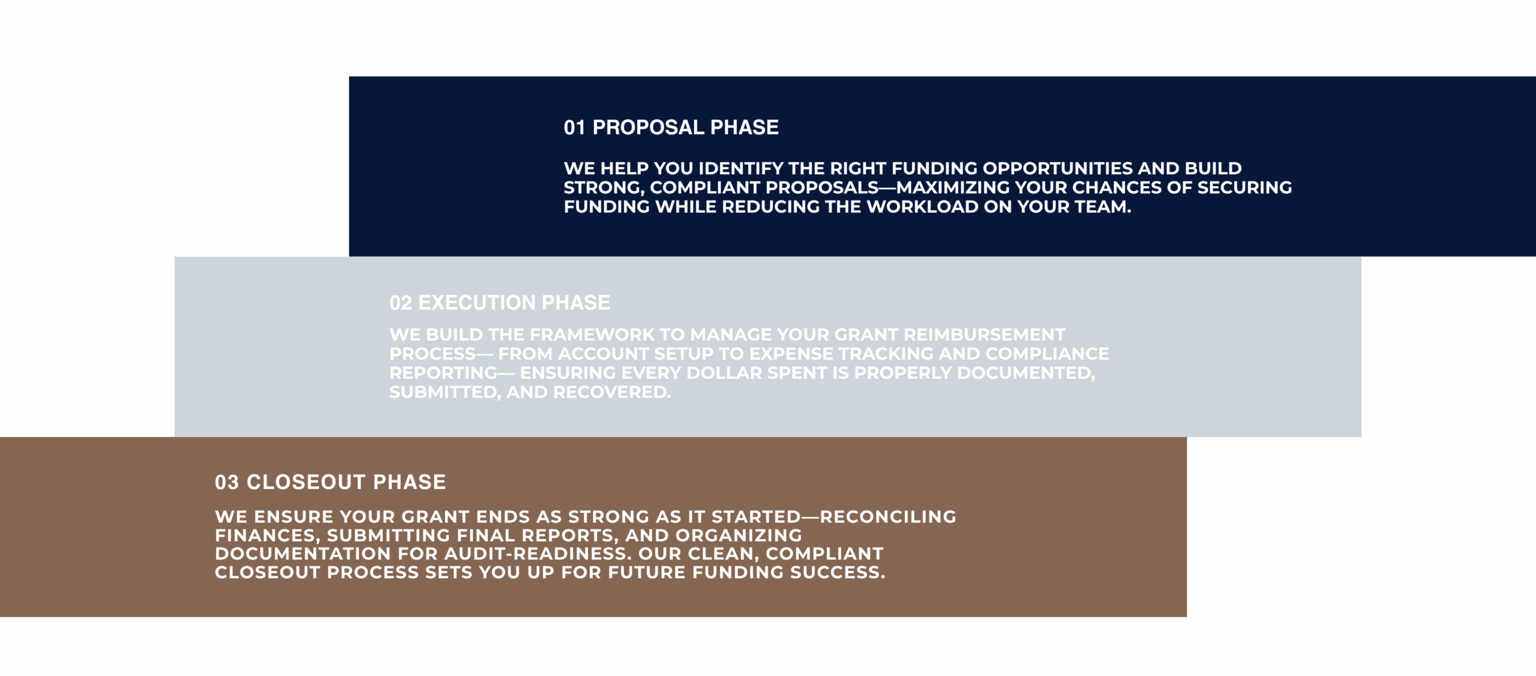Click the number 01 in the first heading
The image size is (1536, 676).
click(574, 127)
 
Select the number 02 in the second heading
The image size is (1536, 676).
click(400, 303)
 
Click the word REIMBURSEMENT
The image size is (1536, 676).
click(985, 334)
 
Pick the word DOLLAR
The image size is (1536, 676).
click(724, 373)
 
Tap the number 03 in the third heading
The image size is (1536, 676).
click(227, 482)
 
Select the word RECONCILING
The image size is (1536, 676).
click(888, 517)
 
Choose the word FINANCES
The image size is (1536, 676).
click(267, 536)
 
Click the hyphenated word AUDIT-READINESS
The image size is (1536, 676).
click(538, 554)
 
